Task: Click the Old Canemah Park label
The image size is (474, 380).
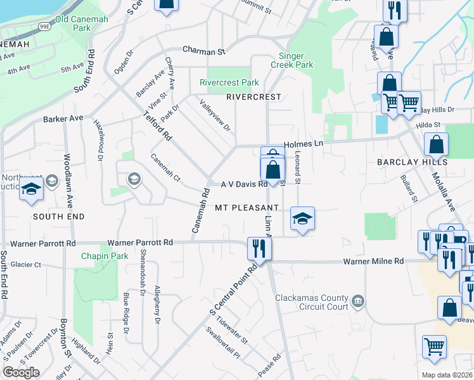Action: click(82, 23)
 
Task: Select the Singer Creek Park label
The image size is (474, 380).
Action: click(292, 60)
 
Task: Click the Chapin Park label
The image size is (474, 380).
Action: click(105, 256)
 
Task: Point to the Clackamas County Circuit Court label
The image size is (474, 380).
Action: click(312, 302)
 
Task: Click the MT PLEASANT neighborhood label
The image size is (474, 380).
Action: click(247, 208)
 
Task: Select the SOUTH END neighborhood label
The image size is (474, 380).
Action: click(58, 217)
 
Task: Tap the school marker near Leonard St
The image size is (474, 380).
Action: click(302, 219)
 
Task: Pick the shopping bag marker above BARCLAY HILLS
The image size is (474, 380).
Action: click(437, 144)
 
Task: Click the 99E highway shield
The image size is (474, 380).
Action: click(45, 26)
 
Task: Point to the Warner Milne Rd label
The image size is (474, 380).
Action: click(373, 261)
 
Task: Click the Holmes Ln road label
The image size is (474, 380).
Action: click(303, 144)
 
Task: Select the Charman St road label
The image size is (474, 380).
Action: click(204, 49)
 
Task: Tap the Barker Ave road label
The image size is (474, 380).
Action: click(63, 118)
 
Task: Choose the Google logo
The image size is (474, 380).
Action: click(22, 372)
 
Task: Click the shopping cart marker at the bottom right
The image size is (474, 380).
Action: click(434, 346)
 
